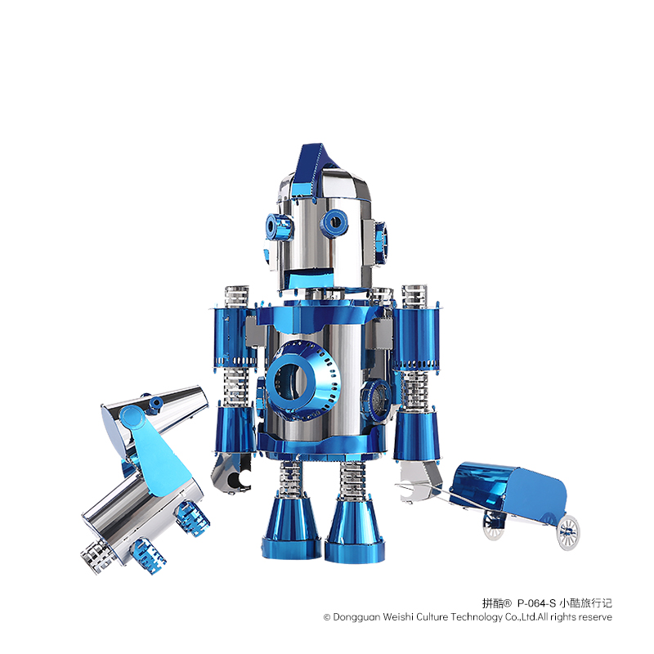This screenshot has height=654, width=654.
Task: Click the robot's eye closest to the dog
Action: [279, 227]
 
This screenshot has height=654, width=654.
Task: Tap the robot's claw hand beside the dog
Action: [232, 474]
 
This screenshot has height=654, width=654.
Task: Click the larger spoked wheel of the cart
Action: [567, 532]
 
